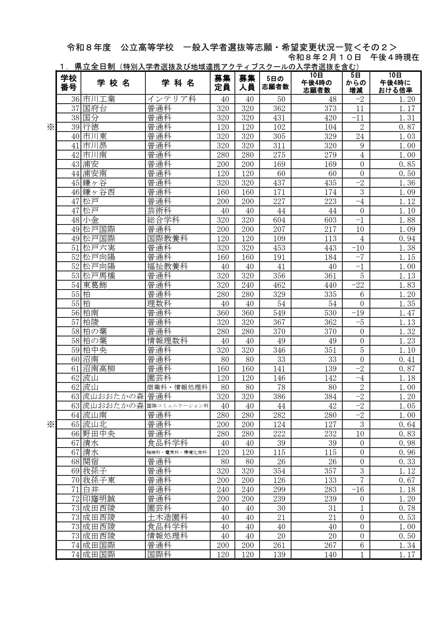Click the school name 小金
point(91,220)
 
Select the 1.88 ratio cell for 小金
point(407,220)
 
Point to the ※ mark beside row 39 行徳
point(50,127)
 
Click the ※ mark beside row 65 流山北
point(50,424)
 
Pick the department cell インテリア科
point(172,99)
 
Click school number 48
point(75,220)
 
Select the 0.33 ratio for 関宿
point(407,461)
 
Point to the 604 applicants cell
point(279,220)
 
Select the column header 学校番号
point(69,83)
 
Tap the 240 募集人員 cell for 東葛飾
point(247,285)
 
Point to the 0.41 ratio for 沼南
point(407,359)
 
